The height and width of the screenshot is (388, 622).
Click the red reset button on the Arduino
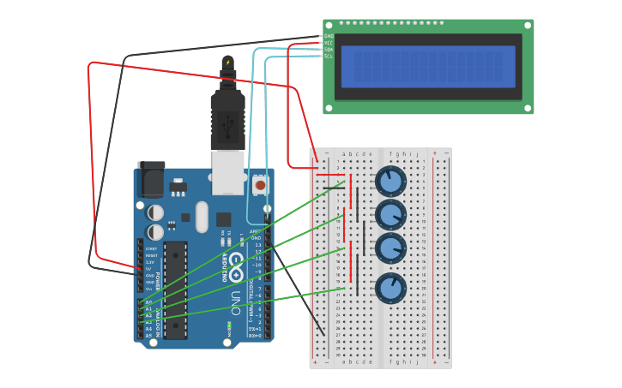tap(260, 184)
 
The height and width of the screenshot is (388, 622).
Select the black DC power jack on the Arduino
tap(151, 180)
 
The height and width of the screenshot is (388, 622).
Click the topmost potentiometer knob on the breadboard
tap(390, 182)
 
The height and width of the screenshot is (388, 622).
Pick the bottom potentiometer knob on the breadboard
tap(390, 287)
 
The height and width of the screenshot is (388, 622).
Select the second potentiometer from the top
tap(390, 215)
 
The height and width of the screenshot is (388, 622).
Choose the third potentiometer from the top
tap(390, 248)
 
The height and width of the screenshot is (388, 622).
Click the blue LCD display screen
tap(428, 67)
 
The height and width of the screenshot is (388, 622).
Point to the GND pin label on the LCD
tap(329, 36)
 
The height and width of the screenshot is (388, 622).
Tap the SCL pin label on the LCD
tap(329, 57)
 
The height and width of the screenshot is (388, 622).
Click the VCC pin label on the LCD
tap(329, 43)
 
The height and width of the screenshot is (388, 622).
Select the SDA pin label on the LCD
tap(329, 50)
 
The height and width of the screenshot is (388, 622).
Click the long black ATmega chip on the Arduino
tap(175, 290)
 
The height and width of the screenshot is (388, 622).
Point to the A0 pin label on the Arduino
tap(148, 302)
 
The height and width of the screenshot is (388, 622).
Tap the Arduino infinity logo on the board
tap(234, 261)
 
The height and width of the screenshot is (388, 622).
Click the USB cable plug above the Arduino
tap(227, 120)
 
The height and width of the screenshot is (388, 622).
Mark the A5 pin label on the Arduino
tap(148, 336)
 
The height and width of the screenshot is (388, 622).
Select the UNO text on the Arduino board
tap(235, 304)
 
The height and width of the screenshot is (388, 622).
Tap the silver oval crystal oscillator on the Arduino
tap(202, 217)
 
